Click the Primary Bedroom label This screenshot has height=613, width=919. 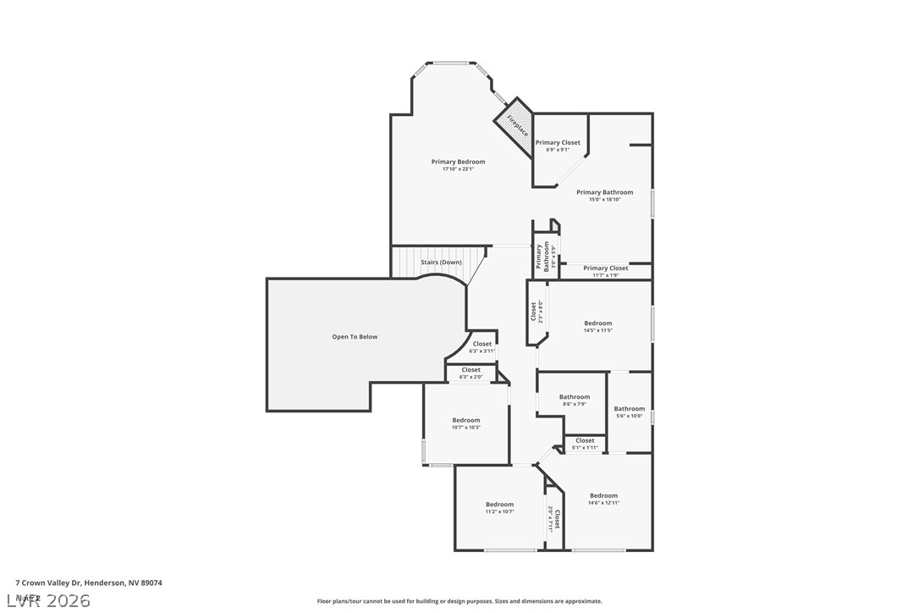[x=458, y=165]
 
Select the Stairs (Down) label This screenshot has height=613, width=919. [x=441, y=262]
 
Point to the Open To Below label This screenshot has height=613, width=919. [x=355, y=337]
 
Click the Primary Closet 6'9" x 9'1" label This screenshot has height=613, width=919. [x=558, y=146]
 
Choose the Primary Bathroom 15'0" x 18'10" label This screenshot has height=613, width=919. [x=604, y=196]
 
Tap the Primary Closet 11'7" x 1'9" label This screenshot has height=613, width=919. [x=605, y=271]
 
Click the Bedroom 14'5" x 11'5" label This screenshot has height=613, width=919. [x=597, y=326]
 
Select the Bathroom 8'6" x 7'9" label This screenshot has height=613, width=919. [x=574, y=400]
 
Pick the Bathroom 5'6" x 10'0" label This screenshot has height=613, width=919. [x=629, y=411]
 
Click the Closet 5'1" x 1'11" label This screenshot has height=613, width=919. [x=585, y=444]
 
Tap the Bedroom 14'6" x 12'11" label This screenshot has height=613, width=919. [x=603, y=499]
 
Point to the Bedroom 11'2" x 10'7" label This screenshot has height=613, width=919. [x=499, y=507]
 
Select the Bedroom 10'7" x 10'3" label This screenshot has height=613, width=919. [x=465, y=423]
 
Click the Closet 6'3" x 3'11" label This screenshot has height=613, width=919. [x=482, y=347]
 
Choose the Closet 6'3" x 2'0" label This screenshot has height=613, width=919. [x=471, y=373]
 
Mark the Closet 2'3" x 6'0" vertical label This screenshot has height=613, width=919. [x=536, y=312]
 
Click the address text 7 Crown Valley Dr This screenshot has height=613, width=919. [x=89, y=583]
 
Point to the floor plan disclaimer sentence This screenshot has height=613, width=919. [x=459, y=601]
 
